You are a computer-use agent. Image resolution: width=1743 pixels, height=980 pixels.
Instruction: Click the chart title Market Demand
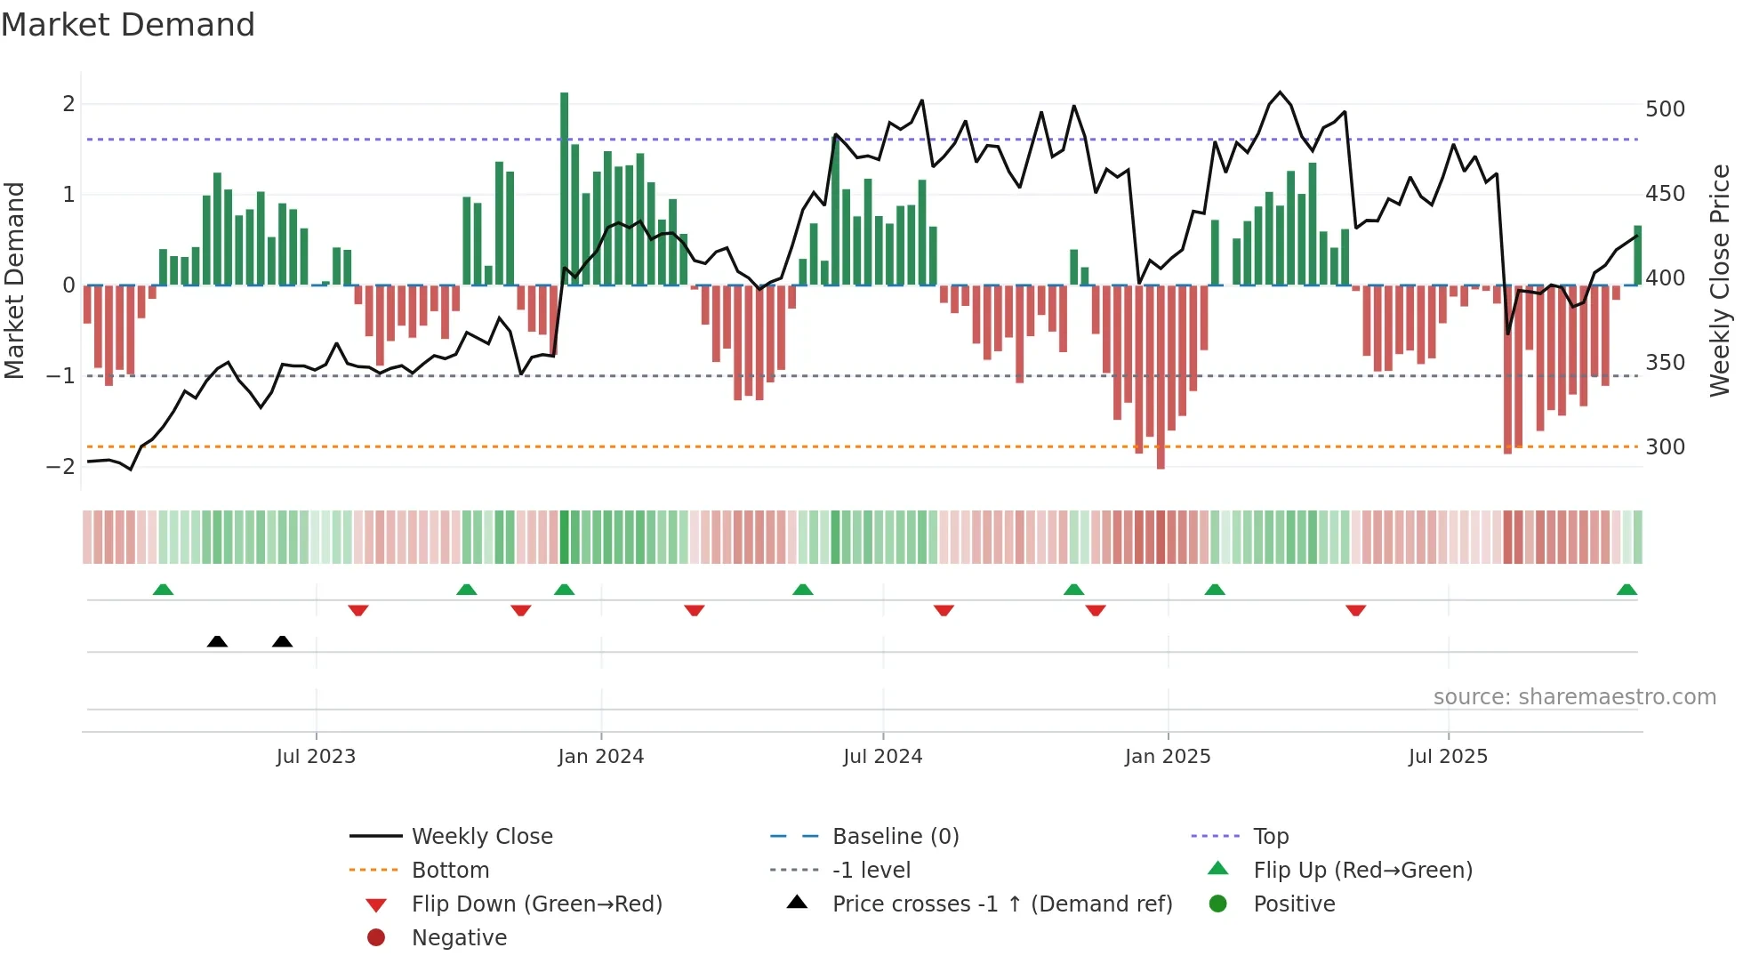click(128, 25)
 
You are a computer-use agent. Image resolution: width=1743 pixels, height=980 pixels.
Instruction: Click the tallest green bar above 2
click(564, 187)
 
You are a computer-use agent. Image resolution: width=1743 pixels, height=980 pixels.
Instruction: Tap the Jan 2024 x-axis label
click(600, 757)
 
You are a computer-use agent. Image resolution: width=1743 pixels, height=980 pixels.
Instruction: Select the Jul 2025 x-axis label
click(1448, 757)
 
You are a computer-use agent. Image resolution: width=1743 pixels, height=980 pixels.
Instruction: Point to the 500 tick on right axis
click(1665, 109)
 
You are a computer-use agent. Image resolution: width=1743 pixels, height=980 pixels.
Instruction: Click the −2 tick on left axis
click(60, 467)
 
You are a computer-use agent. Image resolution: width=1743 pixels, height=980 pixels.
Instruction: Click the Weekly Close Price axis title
click(1720, 280)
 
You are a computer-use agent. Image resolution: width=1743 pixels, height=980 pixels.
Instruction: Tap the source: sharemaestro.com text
click(1574, 697)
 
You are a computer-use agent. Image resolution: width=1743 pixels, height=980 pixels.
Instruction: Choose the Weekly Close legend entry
click(481, 837)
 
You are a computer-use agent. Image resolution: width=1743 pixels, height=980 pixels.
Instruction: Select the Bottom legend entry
click(450, 871)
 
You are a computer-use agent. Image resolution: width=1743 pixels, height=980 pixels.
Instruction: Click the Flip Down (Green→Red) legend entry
click(536, 904)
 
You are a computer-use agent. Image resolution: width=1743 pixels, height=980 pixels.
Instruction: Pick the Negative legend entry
click(459, 938)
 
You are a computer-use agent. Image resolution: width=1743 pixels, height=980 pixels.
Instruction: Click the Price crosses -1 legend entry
click(1001, 904)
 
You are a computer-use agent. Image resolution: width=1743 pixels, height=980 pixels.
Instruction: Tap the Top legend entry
click(1270, 837)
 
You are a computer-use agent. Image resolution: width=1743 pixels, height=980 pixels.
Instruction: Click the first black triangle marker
click(217, 642)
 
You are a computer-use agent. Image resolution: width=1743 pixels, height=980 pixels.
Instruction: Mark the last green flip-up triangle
click(1627, 590)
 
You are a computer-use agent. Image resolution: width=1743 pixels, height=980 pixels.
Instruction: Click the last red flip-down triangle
click(1355, 611)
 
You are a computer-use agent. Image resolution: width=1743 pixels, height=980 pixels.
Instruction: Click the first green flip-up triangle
click(163, 590)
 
